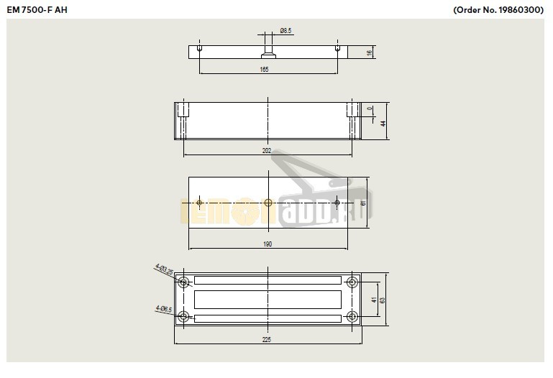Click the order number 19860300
(x=499, y=11)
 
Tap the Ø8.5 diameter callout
(x=285, y=31)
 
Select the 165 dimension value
(x=264, y=69)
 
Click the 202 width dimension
(x=267, y=151)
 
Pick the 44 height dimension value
(x=383, y=123)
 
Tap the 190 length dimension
(x=267, y=244)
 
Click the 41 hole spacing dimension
(x=374, y=300)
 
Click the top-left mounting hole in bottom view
(x=184, y=281)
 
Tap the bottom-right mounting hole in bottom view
(x=352, y=316)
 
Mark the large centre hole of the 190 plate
(x=268, y=203)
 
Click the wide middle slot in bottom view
(x=268, y=299)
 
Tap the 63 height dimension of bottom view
(x=383, y=300)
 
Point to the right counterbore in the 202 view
(x=352, y=113)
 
